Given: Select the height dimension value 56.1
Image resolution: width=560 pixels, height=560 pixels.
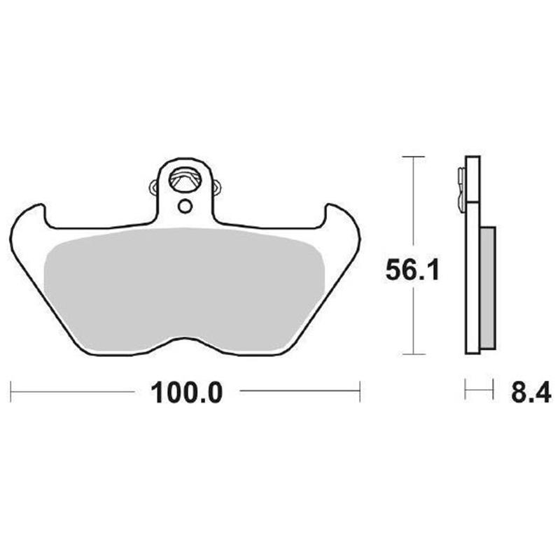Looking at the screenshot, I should (412, 269).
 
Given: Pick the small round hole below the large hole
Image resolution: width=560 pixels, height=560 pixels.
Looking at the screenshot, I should (184, 206).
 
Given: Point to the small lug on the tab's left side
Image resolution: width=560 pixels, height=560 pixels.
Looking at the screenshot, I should (154, 186).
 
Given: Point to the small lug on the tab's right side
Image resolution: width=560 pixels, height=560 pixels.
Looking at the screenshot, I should (216, 187).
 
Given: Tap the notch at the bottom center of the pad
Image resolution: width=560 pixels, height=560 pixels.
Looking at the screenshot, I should (185, 341).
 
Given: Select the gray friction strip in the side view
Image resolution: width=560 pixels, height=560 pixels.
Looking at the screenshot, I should (488, 287).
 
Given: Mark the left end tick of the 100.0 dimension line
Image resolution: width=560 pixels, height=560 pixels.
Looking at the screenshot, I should (12, 391).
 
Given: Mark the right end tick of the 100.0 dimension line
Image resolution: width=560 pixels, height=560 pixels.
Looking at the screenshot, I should (360, 391).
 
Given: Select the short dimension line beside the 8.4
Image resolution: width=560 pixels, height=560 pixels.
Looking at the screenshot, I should (479, 389).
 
